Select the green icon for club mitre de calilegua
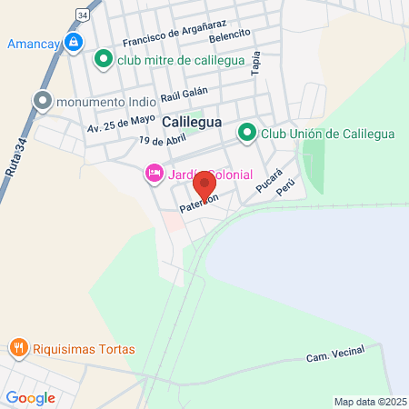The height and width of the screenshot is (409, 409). tap(104, 60)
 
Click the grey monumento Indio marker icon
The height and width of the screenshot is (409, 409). tap(42, 102)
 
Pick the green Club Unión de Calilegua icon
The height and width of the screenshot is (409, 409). tap(246, 134)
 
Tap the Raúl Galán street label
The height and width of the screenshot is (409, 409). tap(184, 95)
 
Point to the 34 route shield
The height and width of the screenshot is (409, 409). tap(83, 16)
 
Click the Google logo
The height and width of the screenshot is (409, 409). tap(29, 397)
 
